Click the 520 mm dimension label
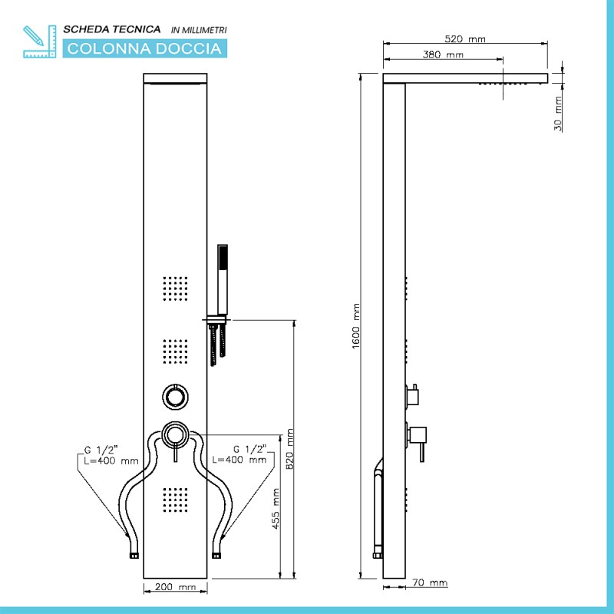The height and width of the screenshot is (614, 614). point(465,39)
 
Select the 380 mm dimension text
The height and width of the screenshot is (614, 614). point(443,55)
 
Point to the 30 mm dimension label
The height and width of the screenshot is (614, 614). point(558,112)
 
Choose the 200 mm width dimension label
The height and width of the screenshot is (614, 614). point(176,587)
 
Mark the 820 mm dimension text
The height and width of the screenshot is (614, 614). point(290,450)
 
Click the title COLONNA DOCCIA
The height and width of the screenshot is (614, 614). point(145,49)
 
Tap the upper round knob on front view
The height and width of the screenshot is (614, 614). point(176,396)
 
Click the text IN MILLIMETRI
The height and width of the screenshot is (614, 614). point(199,30)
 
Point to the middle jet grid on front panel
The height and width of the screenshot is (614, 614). point(176,350)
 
